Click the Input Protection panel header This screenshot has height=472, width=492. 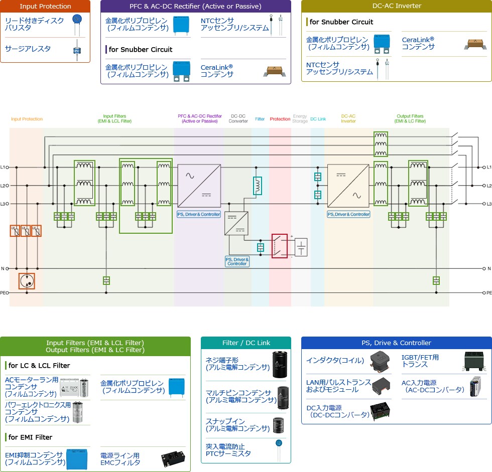click(45, 7)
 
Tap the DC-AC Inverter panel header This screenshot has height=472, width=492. click(396, 6)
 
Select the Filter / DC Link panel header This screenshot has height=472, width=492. click(246, 343)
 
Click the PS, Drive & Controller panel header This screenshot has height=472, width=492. click(396, 343)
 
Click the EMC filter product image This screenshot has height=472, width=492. click(173, 458)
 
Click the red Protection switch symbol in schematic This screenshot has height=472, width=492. click(280, 246)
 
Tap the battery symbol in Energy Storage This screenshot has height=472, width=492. click(301, 247)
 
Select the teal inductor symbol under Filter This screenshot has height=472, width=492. click(258, 186)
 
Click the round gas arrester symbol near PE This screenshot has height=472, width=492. click(27, 281)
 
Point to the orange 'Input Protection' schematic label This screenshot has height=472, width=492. click(27, 119)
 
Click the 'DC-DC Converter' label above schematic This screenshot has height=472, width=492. click(238, 118)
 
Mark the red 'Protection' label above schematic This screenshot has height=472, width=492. click(280, 119)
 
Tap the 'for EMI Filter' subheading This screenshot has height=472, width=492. click(30, 437)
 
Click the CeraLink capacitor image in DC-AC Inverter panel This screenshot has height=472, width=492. click(474, 44)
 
